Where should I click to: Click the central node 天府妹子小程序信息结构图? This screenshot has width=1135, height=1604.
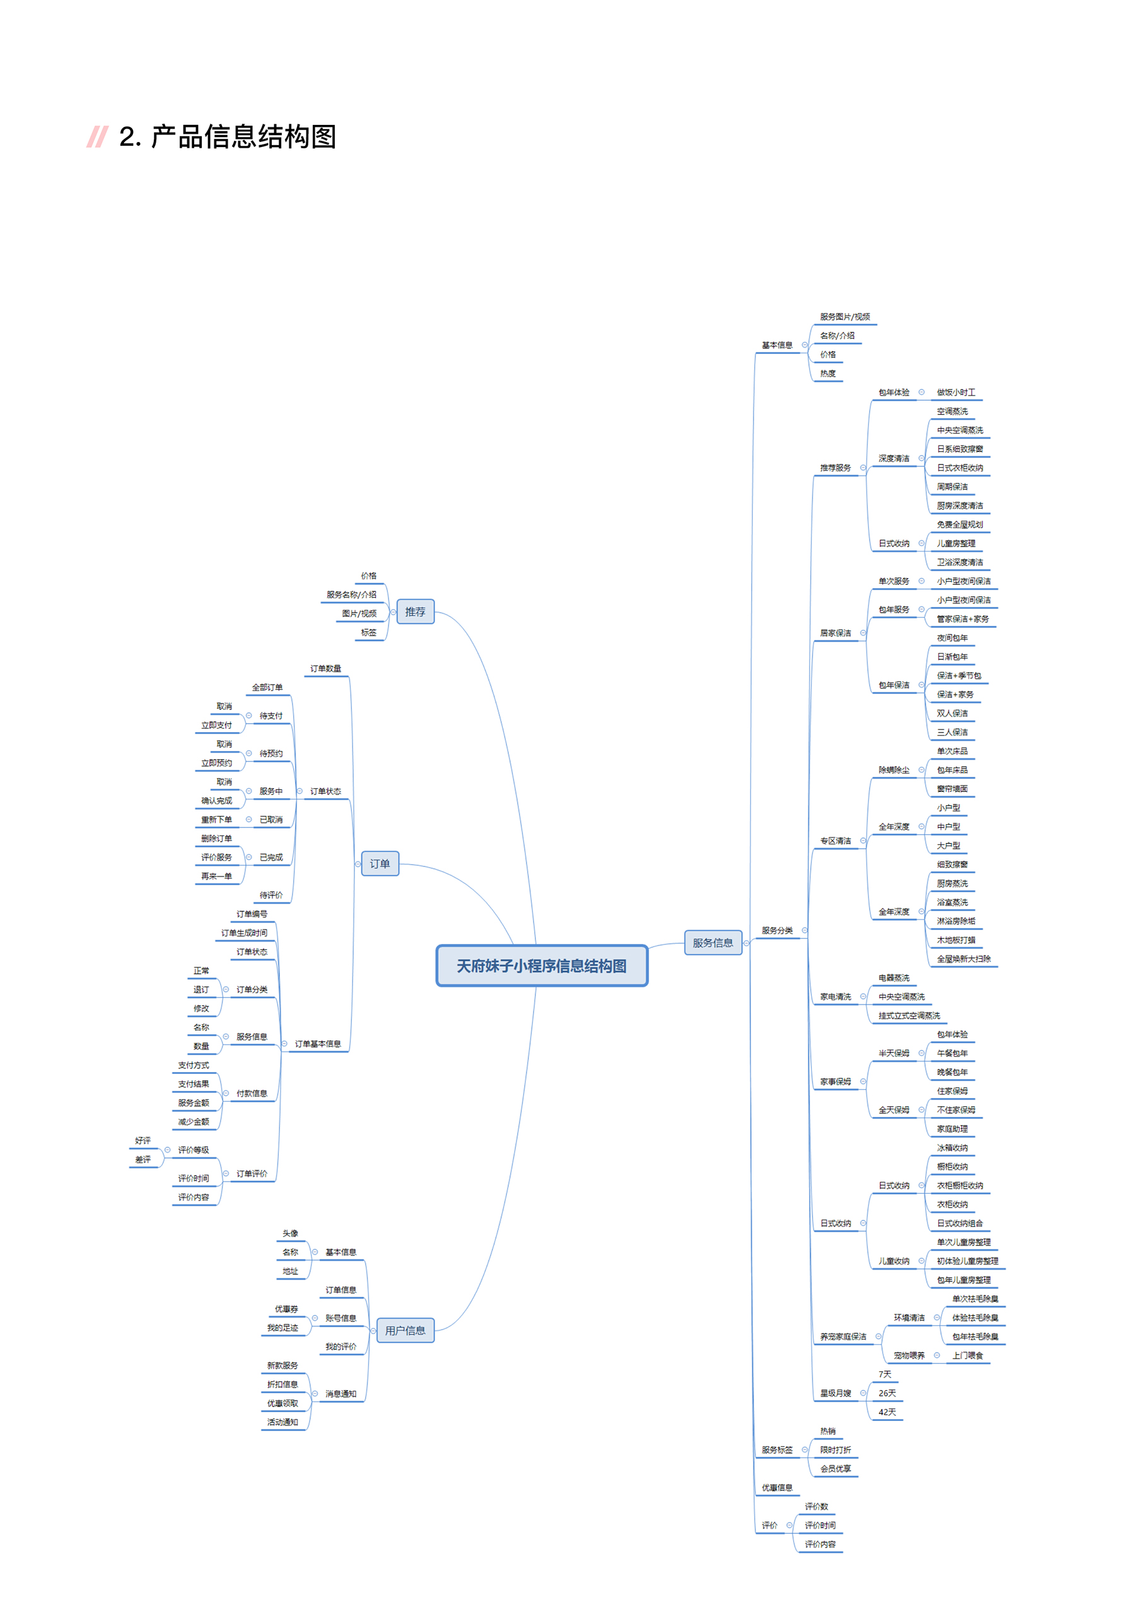coord(542,965)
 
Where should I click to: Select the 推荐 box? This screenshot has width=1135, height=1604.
coord(415,612)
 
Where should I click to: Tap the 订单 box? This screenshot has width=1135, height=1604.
coord(380,864)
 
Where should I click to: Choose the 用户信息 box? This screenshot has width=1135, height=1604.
coord(405,1330)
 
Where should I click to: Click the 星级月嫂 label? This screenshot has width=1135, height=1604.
coord(835,1393)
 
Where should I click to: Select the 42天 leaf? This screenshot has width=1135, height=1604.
coord(887,1412)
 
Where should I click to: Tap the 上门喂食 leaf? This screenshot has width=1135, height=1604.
coord(967,1355)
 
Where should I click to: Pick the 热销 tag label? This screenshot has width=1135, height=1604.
coord(827,1430)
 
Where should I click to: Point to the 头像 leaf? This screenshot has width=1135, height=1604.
coord(290,1233)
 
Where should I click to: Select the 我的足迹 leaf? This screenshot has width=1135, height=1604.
coord(282,1327)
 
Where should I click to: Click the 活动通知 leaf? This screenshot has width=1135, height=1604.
coord(282,1422)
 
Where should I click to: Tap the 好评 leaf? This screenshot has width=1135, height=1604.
coord(143,1140)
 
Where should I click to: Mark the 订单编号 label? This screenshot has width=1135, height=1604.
coord(252,913)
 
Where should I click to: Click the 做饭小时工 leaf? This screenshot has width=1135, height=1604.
coord(955,392)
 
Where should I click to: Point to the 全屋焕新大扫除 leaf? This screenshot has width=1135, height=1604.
coord(963,958)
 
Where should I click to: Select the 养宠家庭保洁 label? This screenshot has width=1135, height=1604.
coord(843,1336)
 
